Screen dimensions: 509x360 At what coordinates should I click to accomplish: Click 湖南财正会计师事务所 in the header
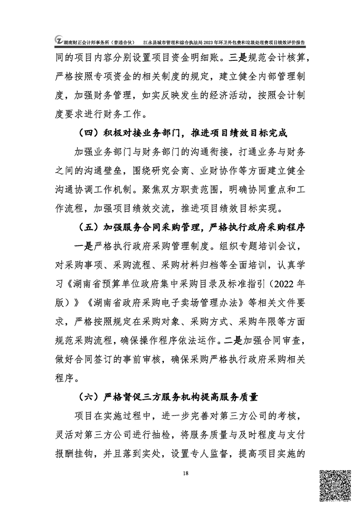(x=88, y=42)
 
